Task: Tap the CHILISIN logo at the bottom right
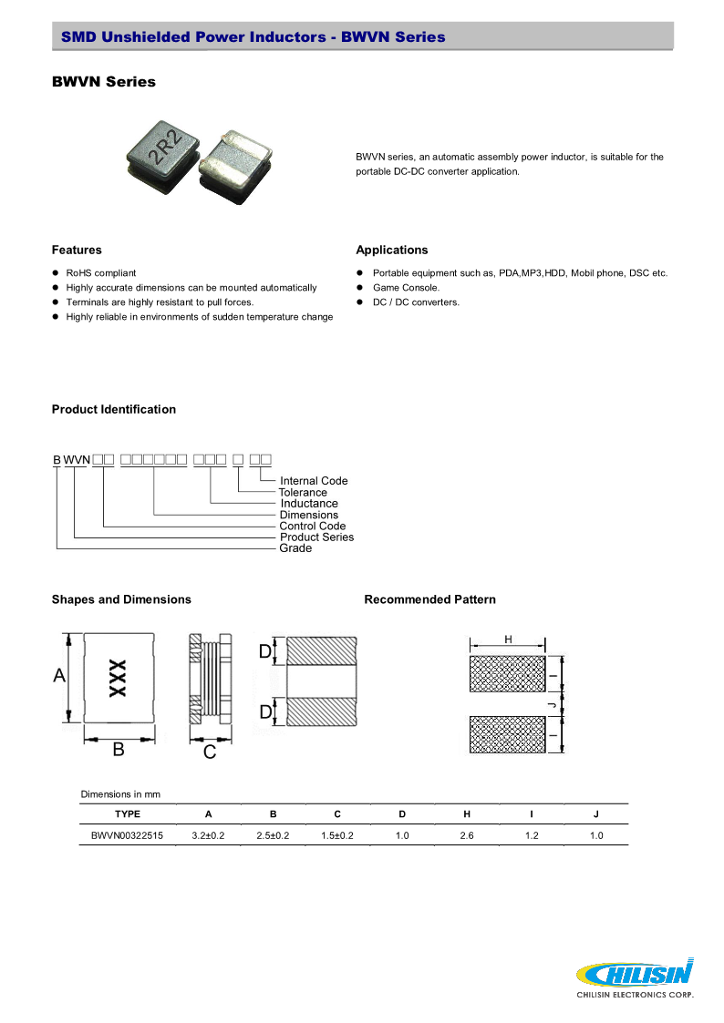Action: coord(636,976)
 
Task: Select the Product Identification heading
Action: coord(114,410)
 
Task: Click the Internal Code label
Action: coord(314,481)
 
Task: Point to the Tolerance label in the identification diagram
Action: coord(303,493)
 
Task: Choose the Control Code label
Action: coord(313,527)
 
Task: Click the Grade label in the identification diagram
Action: coord(295,548)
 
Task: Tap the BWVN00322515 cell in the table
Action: coord(128,835)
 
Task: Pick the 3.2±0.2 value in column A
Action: coord(208,835)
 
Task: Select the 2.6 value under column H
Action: coord(467,835)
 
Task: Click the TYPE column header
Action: coord(128,813)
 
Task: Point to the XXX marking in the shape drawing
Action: coord(118,679)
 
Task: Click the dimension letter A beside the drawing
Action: coord(59,676)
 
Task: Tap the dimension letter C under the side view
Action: coord(209,752)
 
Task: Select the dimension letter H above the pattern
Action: coord(508,640)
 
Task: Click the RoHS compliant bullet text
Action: coord(101,273)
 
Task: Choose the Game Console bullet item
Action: coord(406,288)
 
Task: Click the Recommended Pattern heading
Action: coord(430,599)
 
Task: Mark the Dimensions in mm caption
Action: coord(120,794)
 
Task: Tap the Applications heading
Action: coord(392,251)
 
